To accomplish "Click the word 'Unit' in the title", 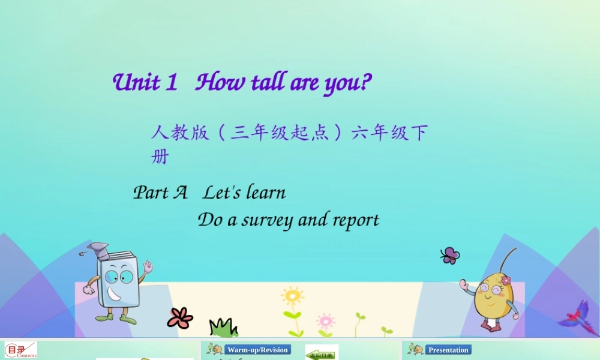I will click(137, 82).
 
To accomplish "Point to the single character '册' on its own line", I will click(160, 157).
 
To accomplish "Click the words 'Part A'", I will click(160, 193).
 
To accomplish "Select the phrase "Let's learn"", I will click(244, 193).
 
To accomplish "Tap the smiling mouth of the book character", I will click(114, 295).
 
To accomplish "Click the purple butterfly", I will click(450, 256).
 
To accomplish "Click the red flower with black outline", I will click(180, 317).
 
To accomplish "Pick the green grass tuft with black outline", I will click(223, 328).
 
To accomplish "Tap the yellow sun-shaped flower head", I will click(292, 296).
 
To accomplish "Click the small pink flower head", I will click(325, 319).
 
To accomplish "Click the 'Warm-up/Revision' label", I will click(257, 350).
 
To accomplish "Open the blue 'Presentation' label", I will click(448, 350).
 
